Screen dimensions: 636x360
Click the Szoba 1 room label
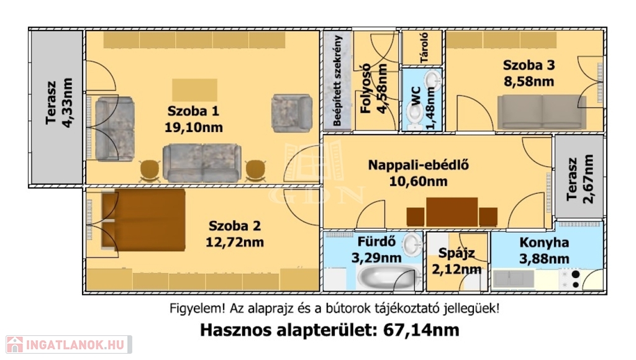click(193, 111)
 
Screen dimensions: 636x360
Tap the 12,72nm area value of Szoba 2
click(234, 243)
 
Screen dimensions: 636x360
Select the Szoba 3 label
click(529, 65)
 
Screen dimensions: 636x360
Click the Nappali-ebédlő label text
click(418, 165)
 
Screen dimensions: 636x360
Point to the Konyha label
click(544, 243)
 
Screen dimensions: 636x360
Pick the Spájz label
click(457, 253)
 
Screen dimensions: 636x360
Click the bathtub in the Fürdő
click(388, 277)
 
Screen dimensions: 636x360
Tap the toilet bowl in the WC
click(414, 115)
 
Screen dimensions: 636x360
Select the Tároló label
click(424, 47)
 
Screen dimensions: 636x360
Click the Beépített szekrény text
click(337, 80)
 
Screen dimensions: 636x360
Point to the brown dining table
click(452, 212)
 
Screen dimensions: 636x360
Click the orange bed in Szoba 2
click(143, 219)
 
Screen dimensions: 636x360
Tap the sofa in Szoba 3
click(542, 112)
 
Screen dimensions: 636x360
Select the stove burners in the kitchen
click(570, 279)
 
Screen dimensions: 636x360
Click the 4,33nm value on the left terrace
click(67, 102)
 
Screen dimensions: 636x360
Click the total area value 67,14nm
click(421, 330)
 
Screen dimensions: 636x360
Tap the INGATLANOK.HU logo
click(69, 344)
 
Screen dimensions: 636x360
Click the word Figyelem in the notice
click(196, 309)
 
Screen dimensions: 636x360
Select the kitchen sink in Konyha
click(514, 279)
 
